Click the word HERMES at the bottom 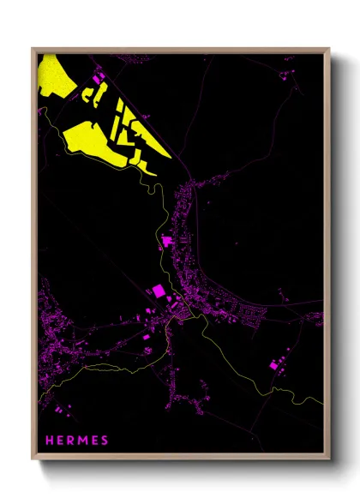[x=77, y=441]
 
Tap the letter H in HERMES [x=50, y=441]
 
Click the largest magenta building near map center [x=159, y=291]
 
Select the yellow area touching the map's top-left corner [x=50, y=73]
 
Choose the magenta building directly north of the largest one [x=166, y=243]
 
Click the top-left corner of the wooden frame [x=33, y=49]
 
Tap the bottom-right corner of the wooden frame [x=329, y=459]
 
